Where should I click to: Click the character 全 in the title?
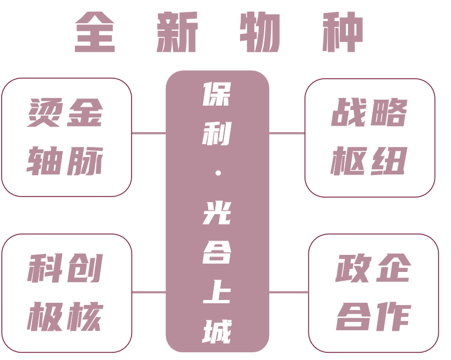click(95, 33)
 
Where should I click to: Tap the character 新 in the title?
click(177, 33)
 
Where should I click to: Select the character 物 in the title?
click(259, 33)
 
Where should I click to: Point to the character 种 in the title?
click(343, 33)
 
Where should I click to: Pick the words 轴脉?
click(66, 161)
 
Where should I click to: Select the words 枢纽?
click(369, 161)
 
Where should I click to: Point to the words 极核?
click(66, 317)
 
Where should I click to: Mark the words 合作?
click(373, 317)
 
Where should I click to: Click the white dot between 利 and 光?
click(218, 173)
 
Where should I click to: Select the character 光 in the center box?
click(217, 212)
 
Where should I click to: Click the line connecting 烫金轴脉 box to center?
click(149, 133)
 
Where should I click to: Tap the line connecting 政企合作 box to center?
click(289, 292)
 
